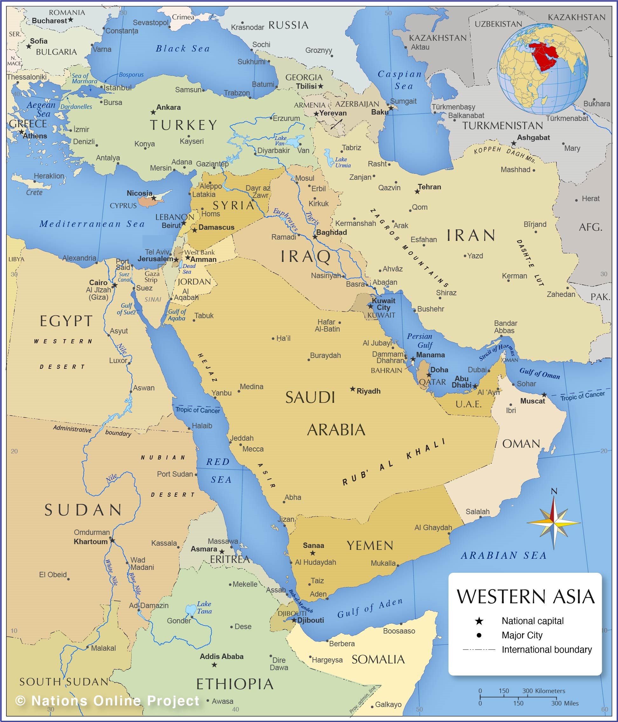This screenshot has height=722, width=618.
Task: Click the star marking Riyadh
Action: (352, 389)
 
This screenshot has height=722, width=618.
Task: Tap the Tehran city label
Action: (429, 187)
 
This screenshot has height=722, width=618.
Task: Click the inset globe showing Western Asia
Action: (542, 69)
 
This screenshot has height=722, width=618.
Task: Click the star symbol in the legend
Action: (479, 621)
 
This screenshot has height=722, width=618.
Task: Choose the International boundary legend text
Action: (546, 649)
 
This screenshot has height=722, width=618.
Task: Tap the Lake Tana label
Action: (204, 607)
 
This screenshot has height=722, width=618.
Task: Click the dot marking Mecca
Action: (241, 445)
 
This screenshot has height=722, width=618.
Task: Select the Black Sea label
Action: (182, 48)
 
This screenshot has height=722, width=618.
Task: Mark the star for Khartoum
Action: (112, 540)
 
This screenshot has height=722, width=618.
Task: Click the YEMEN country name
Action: (370, 546)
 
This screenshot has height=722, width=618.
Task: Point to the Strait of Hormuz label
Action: (497, 352)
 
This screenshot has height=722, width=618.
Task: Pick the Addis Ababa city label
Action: (222, 656)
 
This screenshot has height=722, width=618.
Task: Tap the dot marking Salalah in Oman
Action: (480, 517)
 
